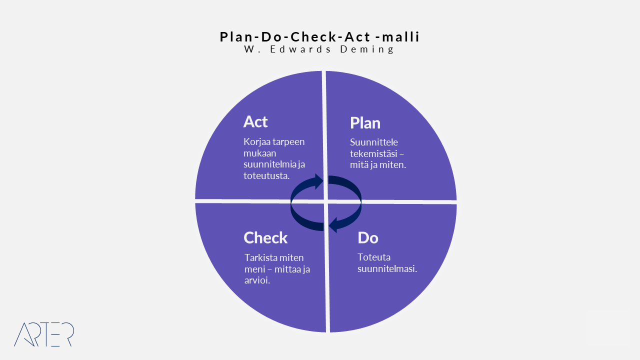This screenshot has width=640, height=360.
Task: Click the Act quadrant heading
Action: [255, 121]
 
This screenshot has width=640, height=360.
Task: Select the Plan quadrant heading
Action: [365, 123]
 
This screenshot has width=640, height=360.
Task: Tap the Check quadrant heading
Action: [265, 237]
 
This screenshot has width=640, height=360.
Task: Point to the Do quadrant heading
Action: [367, 237]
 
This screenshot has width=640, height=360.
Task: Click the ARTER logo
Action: [44, 334]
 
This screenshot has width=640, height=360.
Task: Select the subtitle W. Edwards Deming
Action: [319, 49]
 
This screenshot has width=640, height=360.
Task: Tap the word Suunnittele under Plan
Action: [373, 142]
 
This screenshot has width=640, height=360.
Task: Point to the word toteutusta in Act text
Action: [266, 175]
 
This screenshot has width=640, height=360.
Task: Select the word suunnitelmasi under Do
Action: [387, 269]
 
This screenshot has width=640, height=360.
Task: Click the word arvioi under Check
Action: [257, 280]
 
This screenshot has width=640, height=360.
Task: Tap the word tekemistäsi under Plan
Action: [373, 153]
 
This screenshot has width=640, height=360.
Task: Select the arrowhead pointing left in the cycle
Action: [333, 225]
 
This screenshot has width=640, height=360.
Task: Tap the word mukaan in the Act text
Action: [259, 153]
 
